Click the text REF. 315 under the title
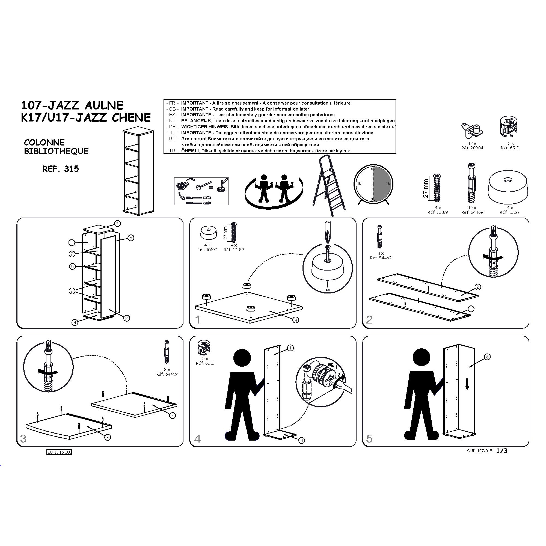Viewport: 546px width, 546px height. coord(61,169)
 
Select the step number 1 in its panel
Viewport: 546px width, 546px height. coord(198,320)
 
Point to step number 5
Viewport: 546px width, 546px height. coord(369,438)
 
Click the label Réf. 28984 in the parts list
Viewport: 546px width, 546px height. coord(472,148)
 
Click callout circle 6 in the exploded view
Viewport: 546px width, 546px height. coord(131,238)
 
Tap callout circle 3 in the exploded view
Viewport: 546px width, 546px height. coord(118,224)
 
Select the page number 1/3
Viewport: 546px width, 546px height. coord(502,451)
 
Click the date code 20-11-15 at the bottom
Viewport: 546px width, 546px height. coord(56,452)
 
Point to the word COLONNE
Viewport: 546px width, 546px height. coord(44,142)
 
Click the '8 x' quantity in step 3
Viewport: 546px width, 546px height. coord(167,370)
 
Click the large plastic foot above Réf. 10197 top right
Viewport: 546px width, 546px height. coord(508,188)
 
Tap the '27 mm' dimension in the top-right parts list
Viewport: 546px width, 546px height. coord(426,188)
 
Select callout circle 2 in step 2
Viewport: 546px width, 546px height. coord(477,287)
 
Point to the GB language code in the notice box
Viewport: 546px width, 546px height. coord(172,109)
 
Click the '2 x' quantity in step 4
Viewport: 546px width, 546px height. coord(205,359)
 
